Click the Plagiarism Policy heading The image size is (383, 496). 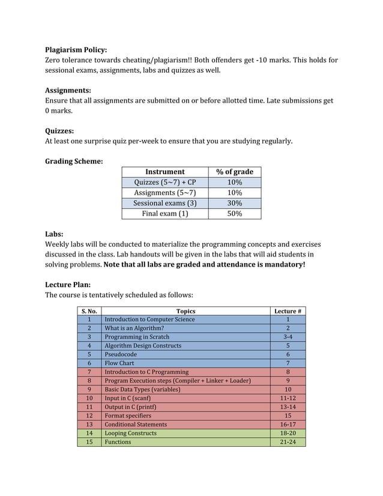pos(76,50)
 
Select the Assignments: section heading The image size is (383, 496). pos(68,90)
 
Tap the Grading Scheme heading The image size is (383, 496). pos(74,161)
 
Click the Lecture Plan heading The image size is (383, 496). pos(68,285)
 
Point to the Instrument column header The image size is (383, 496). pos(164,172)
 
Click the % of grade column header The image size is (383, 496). pos(234,172)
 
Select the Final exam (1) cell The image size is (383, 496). pos(164,213)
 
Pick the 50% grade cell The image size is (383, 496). pos(234,213)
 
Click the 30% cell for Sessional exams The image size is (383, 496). pos(234,203)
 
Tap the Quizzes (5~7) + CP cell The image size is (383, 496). pos(164,183)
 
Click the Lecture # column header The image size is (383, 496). pos(288,311)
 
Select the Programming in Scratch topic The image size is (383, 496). pos(137,337)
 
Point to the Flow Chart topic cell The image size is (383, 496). pos(119,363)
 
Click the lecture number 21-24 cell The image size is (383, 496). pos(288,442)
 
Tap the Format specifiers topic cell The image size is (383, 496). pos(128,416)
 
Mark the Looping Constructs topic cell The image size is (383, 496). pos(130,433)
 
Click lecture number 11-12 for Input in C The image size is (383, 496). pos(288,398)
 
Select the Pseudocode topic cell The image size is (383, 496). pos(121,354)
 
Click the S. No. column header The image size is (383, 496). pos(89,311)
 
